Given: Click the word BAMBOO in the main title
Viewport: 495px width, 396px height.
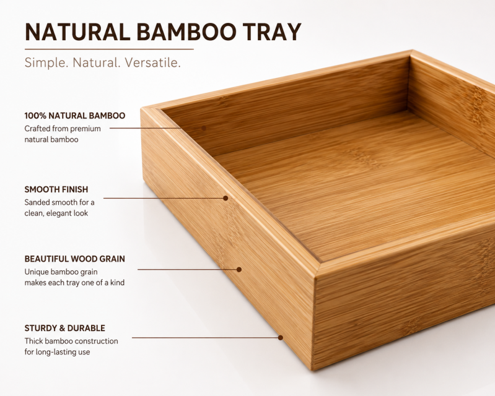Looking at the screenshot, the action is click(x=186, y=32).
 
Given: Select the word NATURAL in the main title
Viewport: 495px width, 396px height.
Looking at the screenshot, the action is click(x=77, y=32).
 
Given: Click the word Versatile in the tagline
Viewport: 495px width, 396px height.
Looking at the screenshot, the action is click(x=153, y=62).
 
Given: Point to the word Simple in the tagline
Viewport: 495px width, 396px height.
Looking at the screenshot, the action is click(x=46, y=62).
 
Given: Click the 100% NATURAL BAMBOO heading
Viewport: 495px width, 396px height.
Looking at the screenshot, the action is click(x=75, y=116).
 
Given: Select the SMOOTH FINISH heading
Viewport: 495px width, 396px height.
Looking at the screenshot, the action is click(x=56, y=189).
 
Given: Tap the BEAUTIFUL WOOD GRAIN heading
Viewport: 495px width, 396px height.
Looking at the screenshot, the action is click(x=75, y=259).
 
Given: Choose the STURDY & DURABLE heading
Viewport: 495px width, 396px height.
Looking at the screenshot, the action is click(x=64, y=328).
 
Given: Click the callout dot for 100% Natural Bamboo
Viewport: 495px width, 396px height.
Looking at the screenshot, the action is click(x=204, y=128).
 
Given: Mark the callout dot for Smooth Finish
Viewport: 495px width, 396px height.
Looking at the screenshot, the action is click(x=226, y=198).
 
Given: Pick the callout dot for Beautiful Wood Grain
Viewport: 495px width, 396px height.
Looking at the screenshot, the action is click(x=239, y=270).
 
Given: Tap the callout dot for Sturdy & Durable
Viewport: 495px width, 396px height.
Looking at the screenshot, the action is click(x=280, y=338).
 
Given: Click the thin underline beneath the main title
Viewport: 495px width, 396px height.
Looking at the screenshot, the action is click(x=109, y=49).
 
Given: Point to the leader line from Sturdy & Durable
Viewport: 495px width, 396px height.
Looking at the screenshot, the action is click(x=205, y=338).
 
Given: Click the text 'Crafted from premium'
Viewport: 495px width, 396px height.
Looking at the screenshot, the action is click(x=63, y=129).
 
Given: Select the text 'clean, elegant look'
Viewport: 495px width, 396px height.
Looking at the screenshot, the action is click(x=56, y=213).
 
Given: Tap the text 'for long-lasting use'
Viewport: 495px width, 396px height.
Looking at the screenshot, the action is click(x=57, y=352).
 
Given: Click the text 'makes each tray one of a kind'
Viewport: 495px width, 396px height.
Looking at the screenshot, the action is click(x=74, y=283).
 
